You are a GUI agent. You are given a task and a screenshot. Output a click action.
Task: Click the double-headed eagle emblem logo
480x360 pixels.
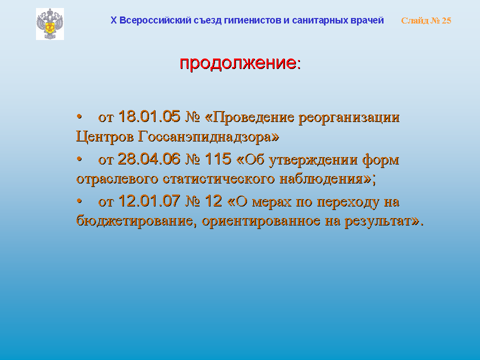coord(50,24)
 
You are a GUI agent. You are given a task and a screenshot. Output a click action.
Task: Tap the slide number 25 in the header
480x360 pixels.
coord(446,20)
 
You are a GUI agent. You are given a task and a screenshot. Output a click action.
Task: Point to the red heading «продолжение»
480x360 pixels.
coord(238,63)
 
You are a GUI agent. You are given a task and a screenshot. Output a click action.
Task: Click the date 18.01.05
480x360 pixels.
coord(149,116)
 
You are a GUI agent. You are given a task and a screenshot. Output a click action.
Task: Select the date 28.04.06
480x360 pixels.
coord(149,159)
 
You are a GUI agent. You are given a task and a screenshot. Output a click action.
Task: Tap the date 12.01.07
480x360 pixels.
coord(149,201)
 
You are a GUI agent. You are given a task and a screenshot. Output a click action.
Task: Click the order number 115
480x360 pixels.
coord(218,159)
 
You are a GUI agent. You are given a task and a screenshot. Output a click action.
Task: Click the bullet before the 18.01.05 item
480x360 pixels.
coord(79,116)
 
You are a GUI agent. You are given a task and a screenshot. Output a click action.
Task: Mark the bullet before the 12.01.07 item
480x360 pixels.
coord(79,201)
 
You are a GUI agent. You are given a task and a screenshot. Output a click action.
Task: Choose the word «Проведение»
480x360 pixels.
coord(253,117)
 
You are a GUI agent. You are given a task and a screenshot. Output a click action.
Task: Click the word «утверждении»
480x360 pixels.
coord(313,160)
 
